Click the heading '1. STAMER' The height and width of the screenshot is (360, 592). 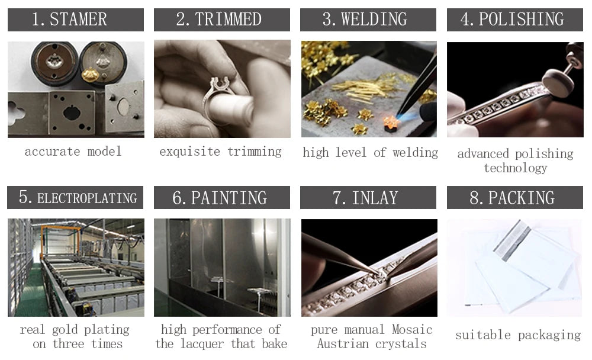[75, 20]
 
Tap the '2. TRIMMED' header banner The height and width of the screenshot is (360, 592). [221, 20]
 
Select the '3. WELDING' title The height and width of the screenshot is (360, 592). [368, 20]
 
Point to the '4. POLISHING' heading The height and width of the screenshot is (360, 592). [514, 20]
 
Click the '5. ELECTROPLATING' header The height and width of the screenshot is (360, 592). [75, 198]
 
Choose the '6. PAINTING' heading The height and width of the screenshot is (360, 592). [221, 198]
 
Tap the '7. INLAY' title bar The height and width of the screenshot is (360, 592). [368, 198]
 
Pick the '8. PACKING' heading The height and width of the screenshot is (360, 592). [514, 198]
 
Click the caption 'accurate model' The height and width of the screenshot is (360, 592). [73, 152]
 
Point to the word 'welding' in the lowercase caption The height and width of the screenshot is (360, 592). [414, 153]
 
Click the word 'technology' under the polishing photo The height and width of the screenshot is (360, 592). [515, 168]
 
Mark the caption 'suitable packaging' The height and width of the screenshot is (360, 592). [518, 335]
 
